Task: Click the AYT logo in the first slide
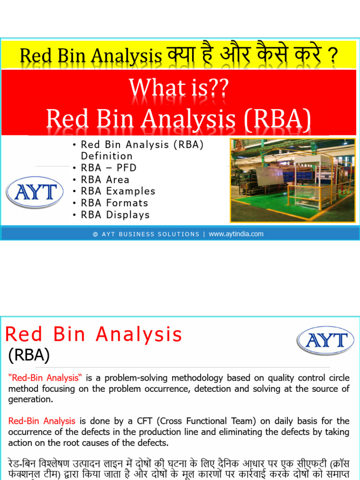click(x=35, y=192)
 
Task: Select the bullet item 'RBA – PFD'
click(x=109, y=168)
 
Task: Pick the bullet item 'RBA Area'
click(x=105, y=180)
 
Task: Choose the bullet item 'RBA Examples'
click(x=118, y=191)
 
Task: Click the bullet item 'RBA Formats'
click(x=114, y=203)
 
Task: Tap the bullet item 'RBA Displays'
click(x=115, y=215)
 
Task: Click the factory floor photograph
click(x=292, y=180)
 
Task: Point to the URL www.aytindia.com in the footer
click(x=236, y=234)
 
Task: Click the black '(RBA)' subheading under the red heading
click(x=29, y=355)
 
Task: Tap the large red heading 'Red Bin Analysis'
click(x=93, y=335)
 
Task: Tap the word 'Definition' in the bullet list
click(x=107, y=156)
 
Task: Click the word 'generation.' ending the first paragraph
click(x=30, y=399)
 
